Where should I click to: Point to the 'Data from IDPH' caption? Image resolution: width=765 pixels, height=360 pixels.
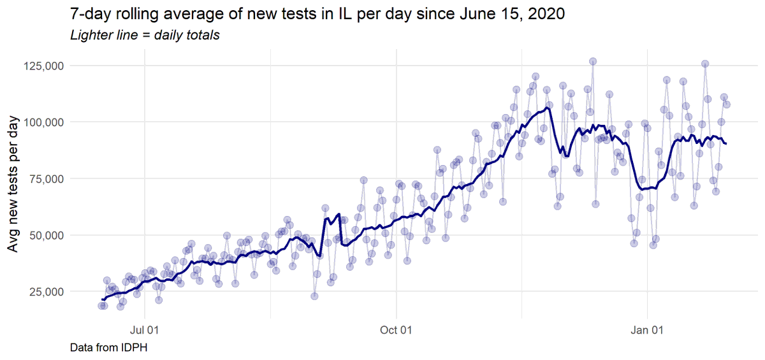coord(109,347)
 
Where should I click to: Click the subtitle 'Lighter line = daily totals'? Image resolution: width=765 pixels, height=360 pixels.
coord(145,35)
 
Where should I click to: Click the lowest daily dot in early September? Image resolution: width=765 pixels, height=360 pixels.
coord(314,296)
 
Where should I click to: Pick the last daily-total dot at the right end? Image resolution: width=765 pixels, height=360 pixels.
coord(726,104)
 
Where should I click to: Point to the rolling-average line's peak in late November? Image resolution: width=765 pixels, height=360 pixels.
coord(548,108)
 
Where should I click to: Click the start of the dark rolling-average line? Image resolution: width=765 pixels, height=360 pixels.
coord(102,299)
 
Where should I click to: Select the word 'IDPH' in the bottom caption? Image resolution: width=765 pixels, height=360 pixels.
coord(136,347)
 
